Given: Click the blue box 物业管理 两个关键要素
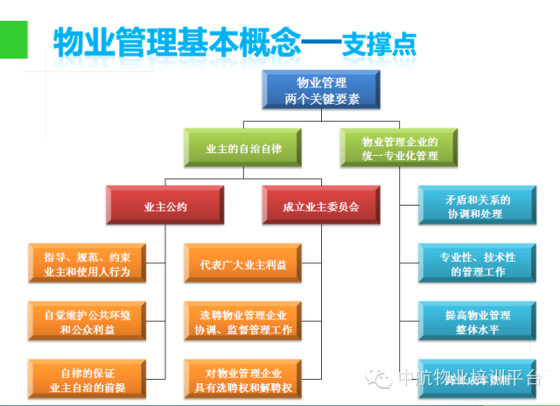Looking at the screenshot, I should coord(310,90).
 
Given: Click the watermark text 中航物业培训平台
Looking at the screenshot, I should coord(469,377).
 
